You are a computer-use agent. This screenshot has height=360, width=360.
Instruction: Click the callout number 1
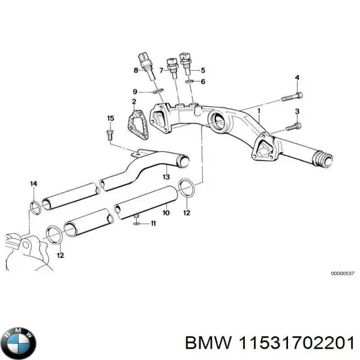tap(259, 111)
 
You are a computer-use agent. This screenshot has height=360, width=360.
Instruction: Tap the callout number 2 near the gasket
tap(134, 102)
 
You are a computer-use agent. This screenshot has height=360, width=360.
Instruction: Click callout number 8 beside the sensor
tap(136, 71)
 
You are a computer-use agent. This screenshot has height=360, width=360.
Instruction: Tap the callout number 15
tap(110, 117)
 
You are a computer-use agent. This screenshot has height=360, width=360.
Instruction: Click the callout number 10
tap(166, 212)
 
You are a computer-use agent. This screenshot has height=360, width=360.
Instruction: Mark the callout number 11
tap(153, 224)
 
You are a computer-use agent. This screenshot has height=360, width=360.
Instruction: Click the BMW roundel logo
tap(19, 343)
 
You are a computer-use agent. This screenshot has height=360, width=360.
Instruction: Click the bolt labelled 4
tap(292, 95)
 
